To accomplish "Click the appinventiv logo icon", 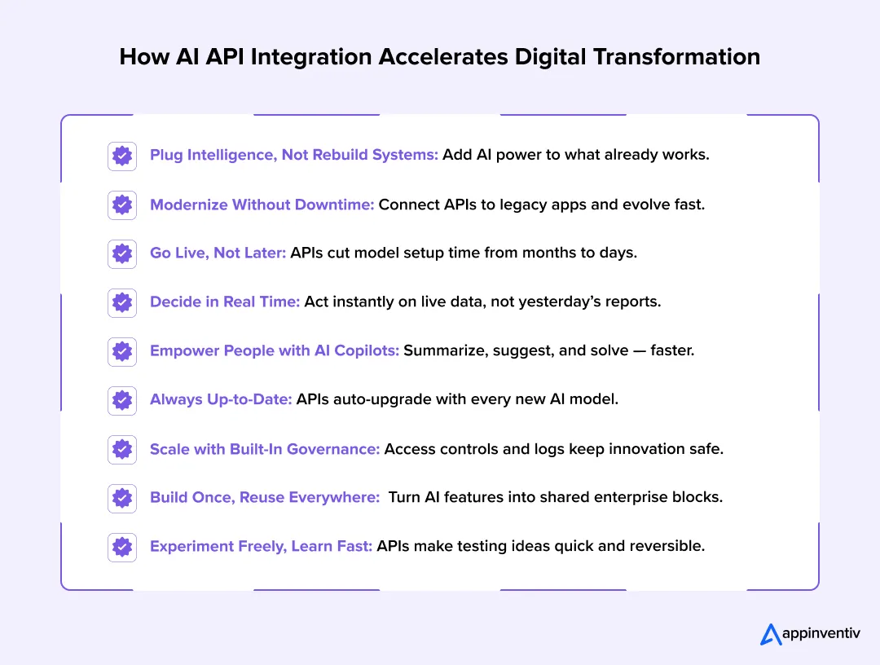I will pos(770,634).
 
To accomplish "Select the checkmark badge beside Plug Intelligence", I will pos(122,156).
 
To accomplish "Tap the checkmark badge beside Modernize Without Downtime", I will pos(122,205).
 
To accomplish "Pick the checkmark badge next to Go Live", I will pos(122,253).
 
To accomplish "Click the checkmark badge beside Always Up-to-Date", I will pos(122,400).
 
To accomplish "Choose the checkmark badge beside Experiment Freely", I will pos(122,547).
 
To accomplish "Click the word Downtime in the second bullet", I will pos(332,205).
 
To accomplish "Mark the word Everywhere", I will pos(334,497).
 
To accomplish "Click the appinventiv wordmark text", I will pos(821,634).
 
